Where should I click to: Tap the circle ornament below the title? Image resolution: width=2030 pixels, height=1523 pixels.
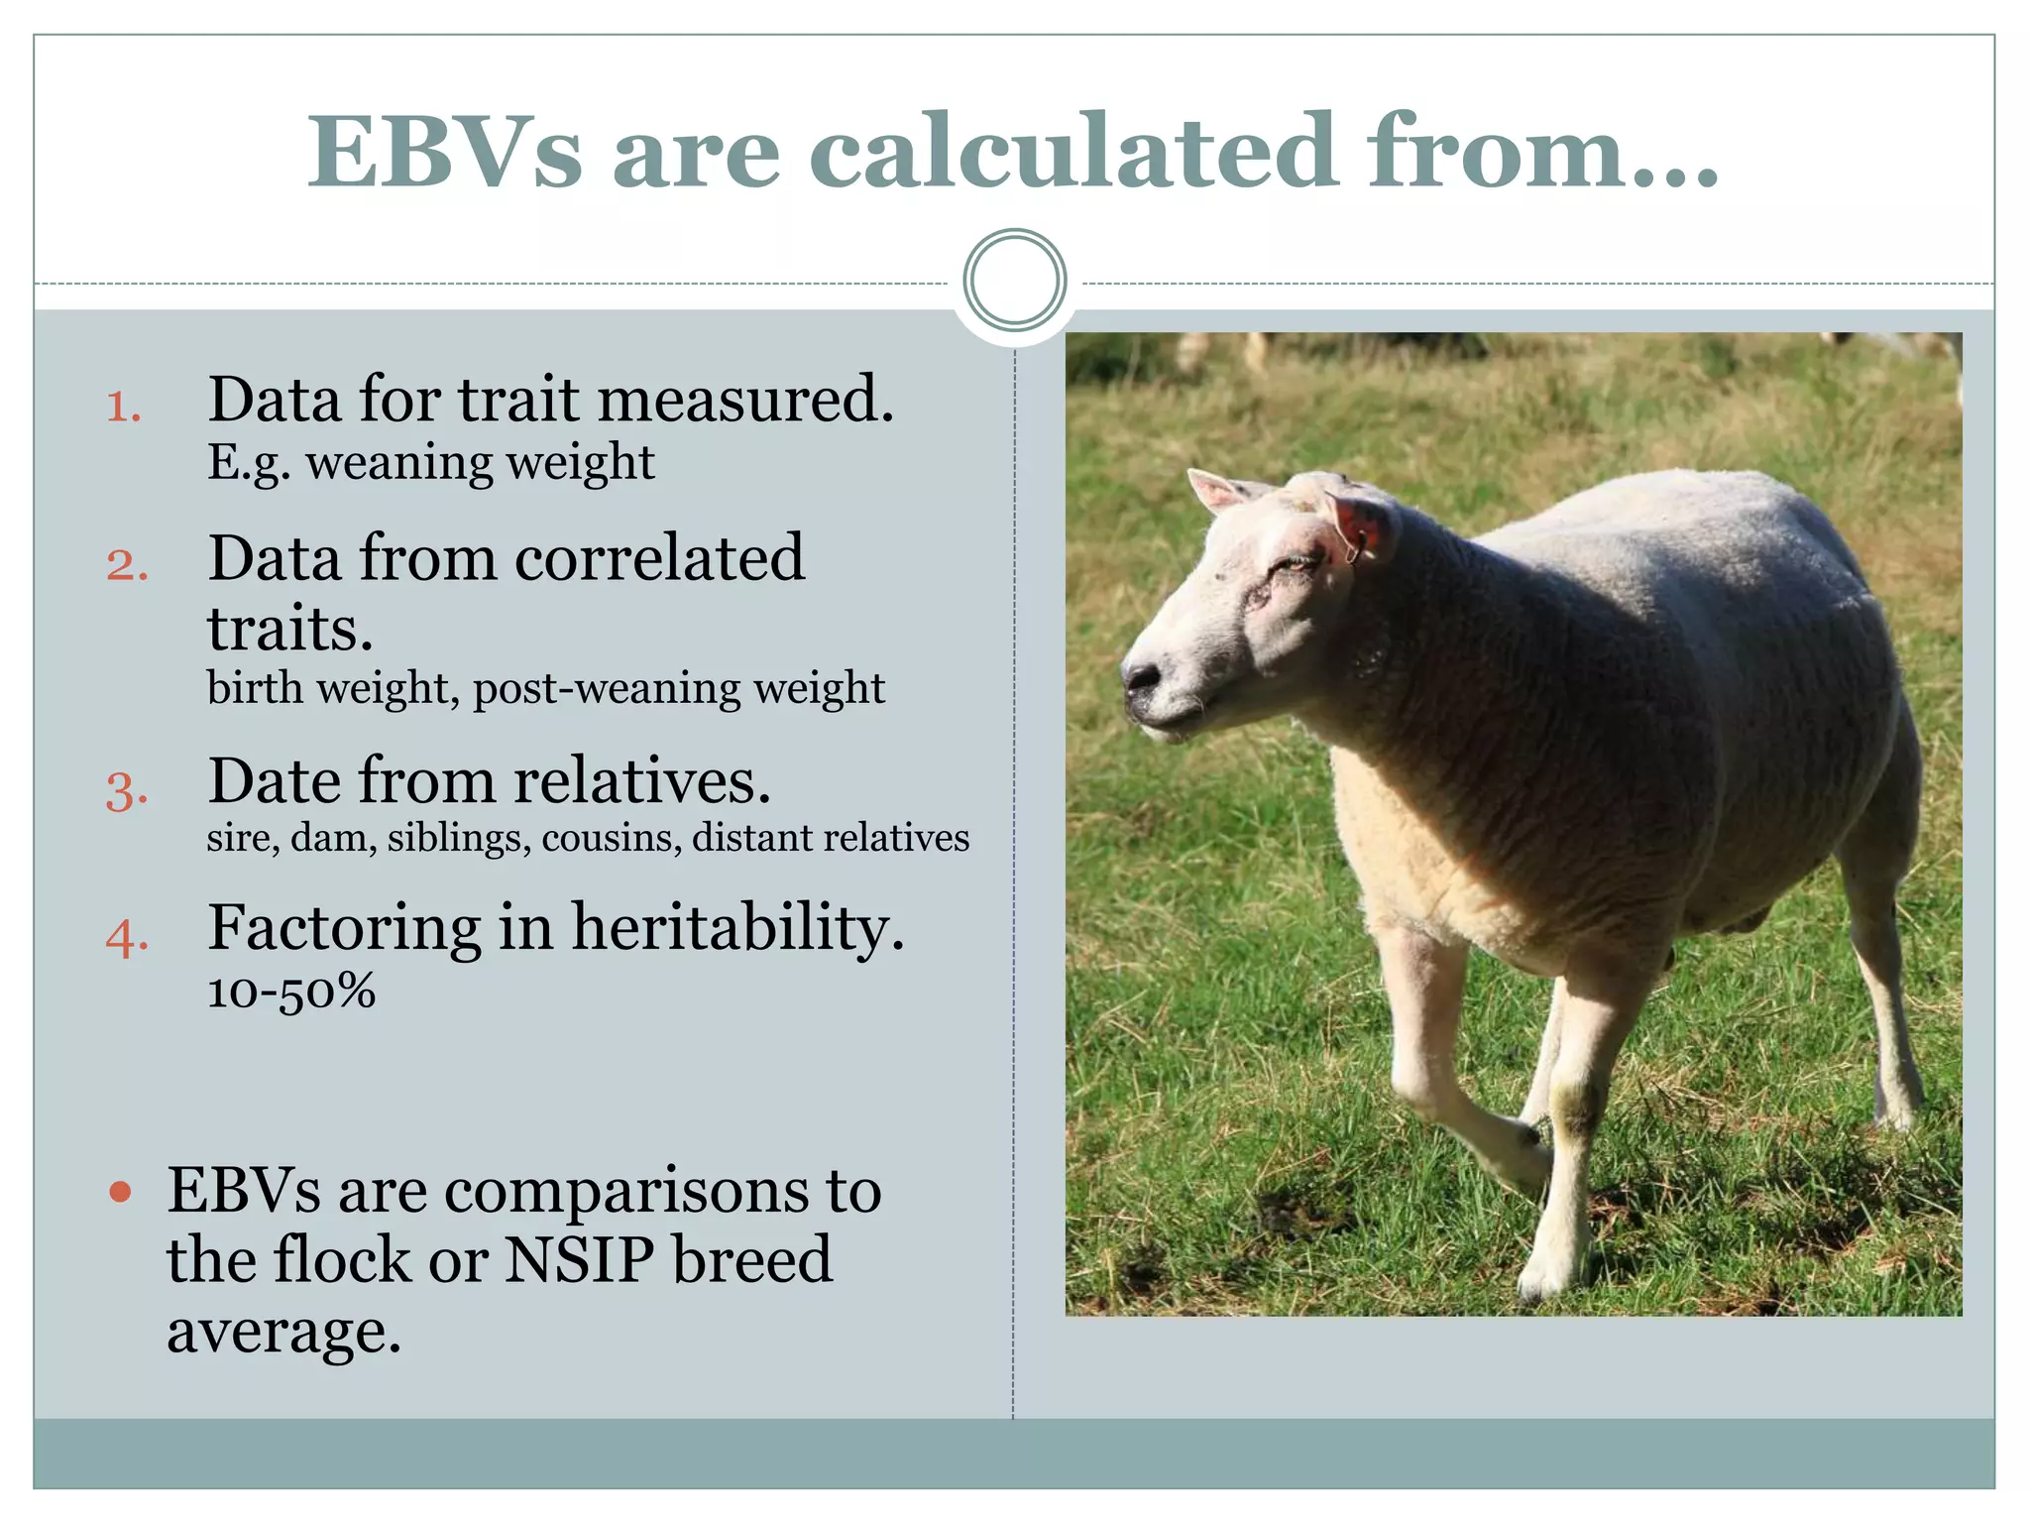1014,280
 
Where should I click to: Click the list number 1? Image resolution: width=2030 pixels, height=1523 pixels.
123,407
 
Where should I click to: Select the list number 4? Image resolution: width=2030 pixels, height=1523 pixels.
127,937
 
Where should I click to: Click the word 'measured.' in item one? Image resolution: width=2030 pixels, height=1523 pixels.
745,400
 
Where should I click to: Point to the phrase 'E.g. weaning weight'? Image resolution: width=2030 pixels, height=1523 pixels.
430,463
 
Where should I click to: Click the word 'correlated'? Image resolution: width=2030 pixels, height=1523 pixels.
659,558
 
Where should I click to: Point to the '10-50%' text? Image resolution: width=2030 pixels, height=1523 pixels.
291,991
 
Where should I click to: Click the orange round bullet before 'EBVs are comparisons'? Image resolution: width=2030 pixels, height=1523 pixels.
120,1192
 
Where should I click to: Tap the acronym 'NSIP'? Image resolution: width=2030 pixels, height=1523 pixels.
580,1260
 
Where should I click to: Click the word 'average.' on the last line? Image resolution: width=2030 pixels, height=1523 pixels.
283,1331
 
